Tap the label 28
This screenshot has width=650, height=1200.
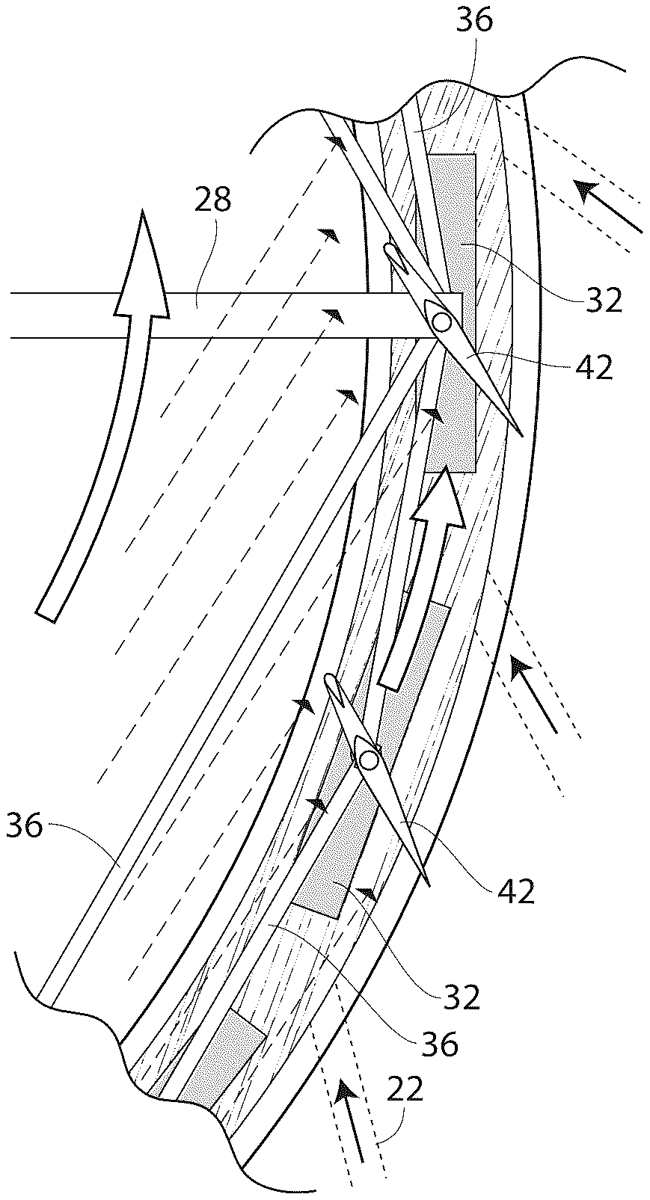pyautogui.click(x=212, y=200)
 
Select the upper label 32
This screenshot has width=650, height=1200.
pyautogui.click(x=604, y=301)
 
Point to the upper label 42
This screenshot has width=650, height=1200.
pyautogui.click(x=593, y=368)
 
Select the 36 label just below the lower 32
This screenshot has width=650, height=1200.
pyautogui.click(x=439, y=1044)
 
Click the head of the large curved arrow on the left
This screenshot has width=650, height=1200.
pyautogui.click(x=143, y=262)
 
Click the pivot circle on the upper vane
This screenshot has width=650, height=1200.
pyautogui.click(x=441, y=321)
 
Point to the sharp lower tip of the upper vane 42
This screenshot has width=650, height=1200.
pyautogui.click(x=521, y=435)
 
